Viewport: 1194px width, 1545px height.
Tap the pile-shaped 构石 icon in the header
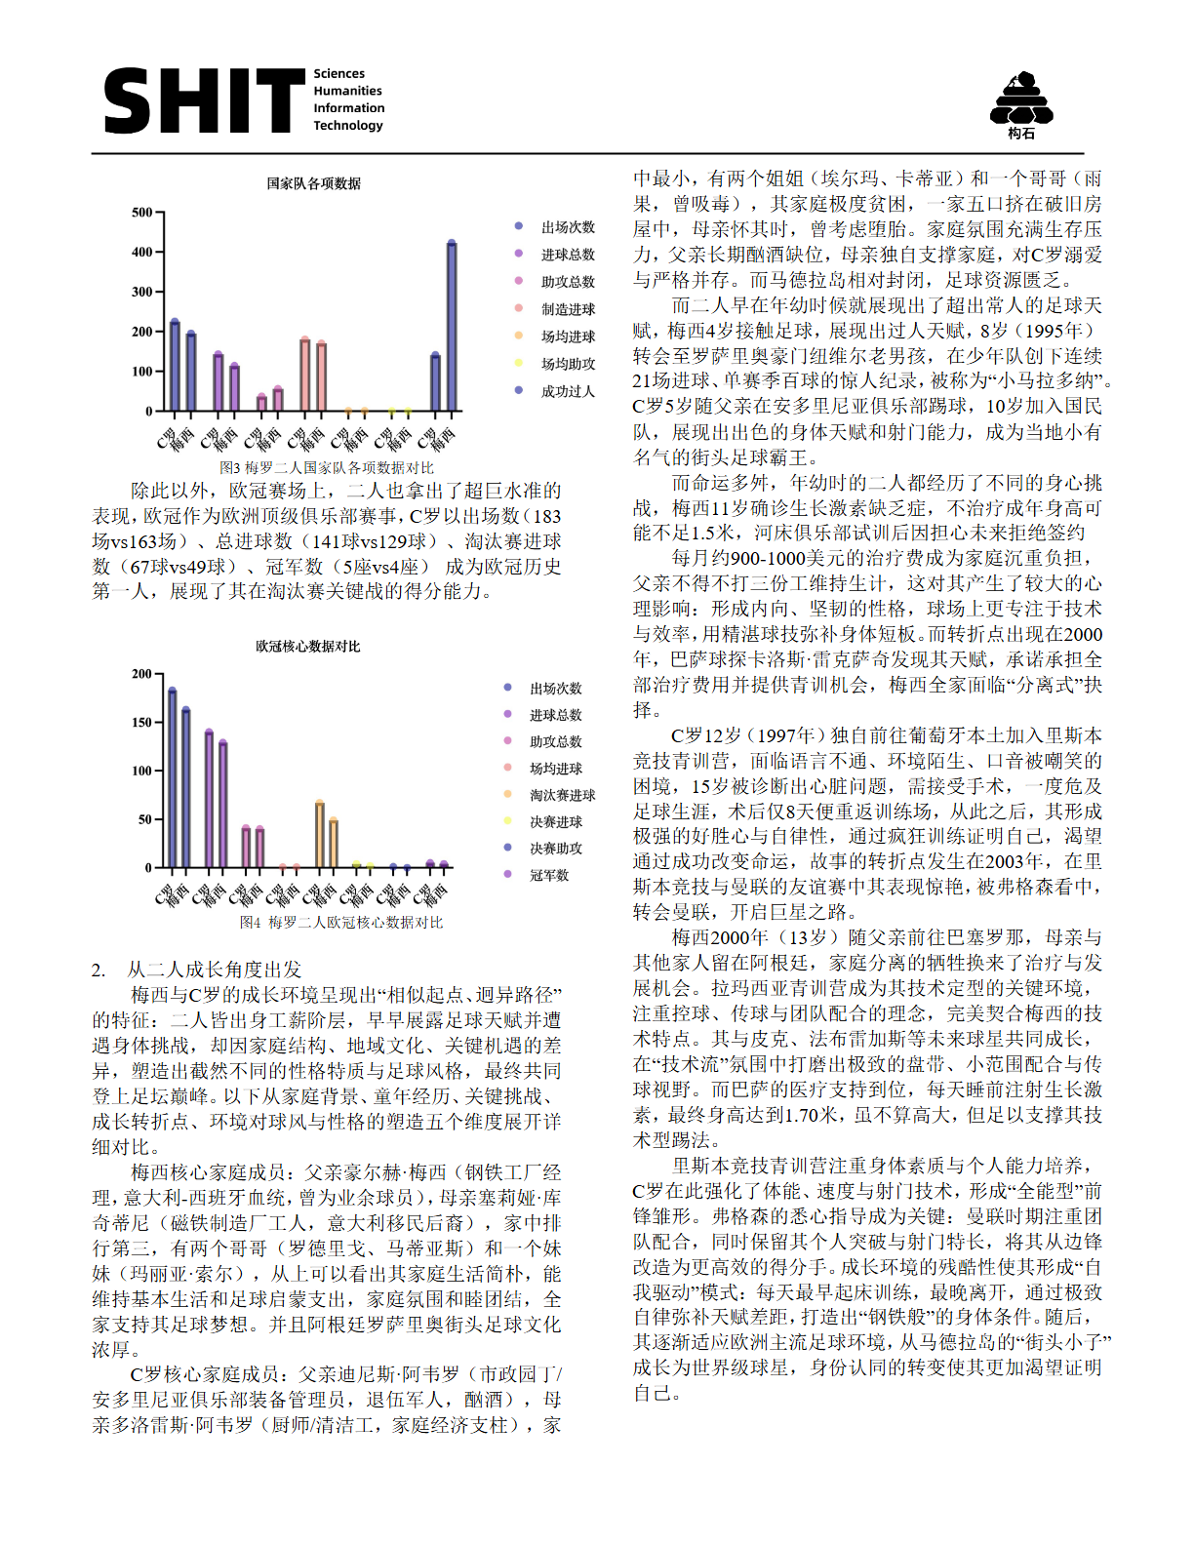click(1020, 101)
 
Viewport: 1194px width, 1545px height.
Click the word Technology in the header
click(348, 125)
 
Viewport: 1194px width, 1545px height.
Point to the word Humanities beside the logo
click(347, 91)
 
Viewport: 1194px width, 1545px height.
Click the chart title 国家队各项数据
click(314, 183)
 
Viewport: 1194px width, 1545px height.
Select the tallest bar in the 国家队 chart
click(452, 326)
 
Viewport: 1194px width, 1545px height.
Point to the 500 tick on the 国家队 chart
click(142, 213)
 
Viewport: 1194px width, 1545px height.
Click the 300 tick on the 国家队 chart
click(142, 292)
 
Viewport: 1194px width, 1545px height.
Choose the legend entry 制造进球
click(568, 309)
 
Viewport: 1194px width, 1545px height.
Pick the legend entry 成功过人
click(568, 391)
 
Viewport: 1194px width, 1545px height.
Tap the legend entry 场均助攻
click(568, 364)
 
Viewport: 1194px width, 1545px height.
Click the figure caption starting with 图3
click(326, 468)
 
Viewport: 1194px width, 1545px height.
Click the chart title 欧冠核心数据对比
click(308, 647)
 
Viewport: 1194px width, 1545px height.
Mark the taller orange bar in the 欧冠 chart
click(320, 834)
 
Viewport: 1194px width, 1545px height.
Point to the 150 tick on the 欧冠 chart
click(142, 723)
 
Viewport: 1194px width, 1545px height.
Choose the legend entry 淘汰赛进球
click(562, 796)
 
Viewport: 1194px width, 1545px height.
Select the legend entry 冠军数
click(548, 876)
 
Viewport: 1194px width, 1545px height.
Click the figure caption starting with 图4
click(340, 923)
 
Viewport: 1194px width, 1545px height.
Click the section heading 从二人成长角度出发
click(214, 970)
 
